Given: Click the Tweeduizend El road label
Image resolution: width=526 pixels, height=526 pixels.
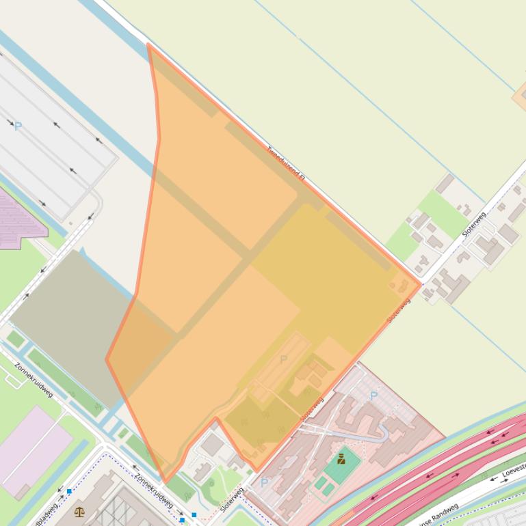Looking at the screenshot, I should pos(285,164).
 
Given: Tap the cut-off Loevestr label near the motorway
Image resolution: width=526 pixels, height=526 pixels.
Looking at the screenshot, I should pos(513,471).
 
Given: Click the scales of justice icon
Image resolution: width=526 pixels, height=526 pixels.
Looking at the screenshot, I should pos(79,511).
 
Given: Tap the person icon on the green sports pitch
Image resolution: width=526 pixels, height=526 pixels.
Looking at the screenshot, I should pos(341,459).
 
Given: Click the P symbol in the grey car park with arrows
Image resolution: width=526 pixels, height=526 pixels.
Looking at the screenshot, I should pos(18,126).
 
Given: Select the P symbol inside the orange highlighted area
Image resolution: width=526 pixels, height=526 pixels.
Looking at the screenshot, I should pos(284,359).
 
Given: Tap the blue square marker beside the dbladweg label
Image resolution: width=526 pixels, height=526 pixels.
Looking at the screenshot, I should pos(69,491).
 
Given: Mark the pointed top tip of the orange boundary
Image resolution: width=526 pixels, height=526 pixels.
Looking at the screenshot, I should pos(148,44).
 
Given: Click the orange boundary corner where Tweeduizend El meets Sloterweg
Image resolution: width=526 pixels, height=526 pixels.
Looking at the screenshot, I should pos(420,283).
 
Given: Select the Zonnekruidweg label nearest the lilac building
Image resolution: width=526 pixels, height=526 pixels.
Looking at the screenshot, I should pos(34,378).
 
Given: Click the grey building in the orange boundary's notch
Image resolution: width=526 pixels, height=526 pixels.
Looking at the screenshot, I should pos(212,445).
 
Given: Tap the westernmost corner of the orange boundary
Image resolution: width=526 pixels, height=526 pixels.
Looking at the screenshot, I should pos(107,359).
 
